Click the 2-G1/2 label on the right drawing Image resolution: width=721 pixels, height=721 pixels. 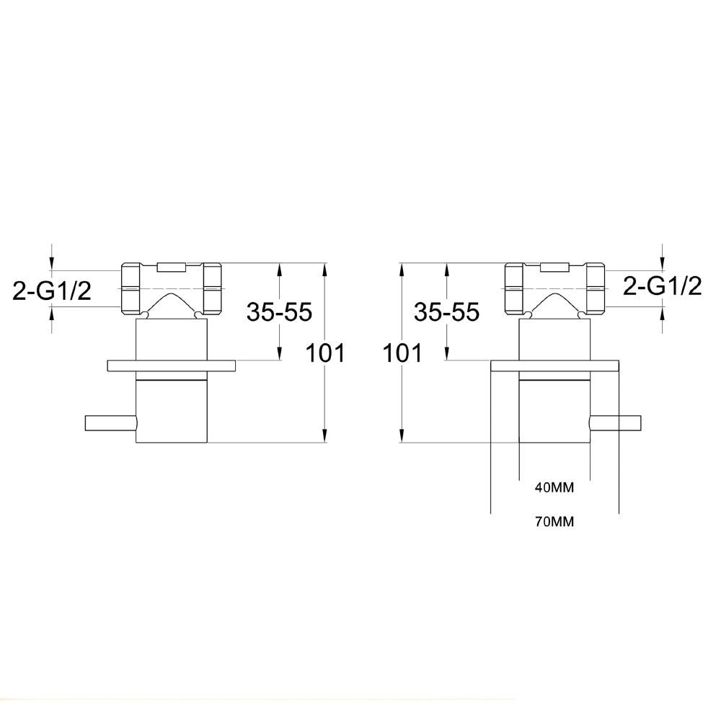662,286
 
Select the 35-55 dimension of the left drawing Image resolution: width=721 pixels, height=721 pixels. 279,311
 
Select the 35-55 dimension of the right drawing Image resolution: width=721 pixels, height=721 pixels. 446,311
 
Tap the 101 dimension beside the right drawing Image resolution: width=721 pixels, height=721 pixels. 401,353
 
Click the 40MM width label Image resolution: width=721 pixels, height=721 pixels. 554,487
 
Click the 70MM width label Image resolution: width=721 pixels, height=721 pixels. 554,522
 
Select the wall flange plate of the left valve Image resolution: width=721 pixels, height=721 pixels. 172,366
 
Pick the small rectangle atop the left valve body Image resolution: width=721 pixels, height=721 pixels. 172,267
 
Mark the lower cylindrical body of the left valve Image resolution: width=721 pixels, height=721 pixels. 172,411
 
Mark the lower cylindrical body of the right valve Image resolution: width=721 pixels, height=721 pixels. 554,411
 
